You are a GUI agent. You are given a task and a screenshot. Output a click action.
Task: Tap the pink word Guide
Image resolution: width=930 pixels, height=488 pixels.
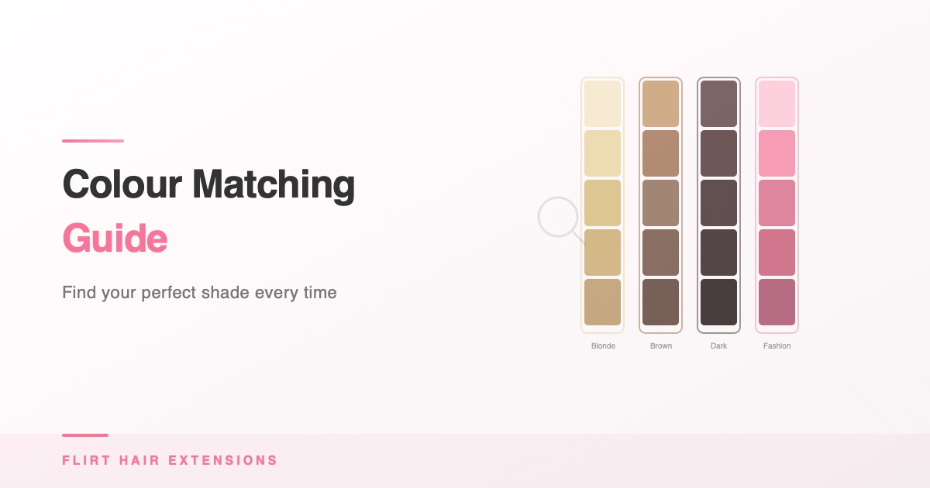[x=115, y=239]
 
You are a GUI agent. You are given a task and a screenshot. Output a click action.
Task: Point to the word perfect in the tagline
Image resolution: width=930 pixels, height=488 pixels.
[x=168, y=294]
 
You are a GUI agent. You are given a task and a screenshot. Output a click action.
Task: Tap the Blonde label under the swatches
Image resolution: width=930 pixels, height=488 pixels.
[x=603, y=346]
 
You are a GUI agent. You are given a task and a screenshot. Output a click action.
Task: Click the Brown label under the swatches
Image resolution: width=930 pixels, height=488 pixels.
[x=661, y=346]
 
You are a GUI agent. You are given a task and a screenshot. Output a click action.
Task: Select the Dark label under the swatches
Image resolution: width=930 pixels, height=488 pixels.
[x=718, y=346]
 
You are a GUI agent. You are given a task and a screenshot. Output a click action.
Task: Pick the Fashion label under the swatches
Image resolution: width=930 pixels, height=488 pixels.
[x=777, y=346]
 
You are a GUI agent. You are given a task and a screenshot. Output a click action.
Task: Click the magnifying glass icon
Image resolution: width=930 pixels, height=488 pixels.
[x=559, y=218]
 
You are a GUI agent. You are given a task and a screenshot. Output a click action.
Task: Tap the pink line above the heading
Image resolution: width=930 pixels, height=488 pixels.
[x=93, y=141]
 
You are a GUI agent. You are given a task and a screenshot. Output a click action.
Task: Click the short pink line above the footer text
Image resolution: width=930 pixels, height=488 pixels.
[x=85, y=435]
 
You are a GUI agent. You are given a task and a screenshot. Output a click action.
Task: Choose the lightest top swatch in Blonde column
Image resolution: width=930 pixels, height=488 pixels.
[x=602, y=104]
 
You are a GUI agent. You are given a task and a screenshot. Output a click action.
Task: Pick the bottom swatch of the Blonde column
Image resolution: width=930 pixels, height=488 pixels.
[x=602, y=302]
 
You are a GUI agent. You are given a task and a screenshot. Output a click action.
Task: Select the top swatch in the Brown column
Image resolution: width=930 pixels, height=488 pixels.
[x=660, y=104]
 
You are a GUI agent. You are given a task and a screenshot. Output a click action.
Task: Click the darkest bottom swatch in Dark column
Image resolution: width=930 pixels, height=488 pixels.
[x=718, y=302]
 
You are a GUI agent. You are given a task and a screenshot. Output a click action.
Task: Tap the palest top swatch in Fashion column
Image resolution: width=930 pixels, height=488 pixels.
[x=777, y=104]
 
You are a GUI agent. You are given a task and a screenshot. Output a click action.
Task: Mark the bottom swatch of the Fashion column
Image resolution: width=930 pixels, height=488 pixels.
[x=777, y=302]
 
